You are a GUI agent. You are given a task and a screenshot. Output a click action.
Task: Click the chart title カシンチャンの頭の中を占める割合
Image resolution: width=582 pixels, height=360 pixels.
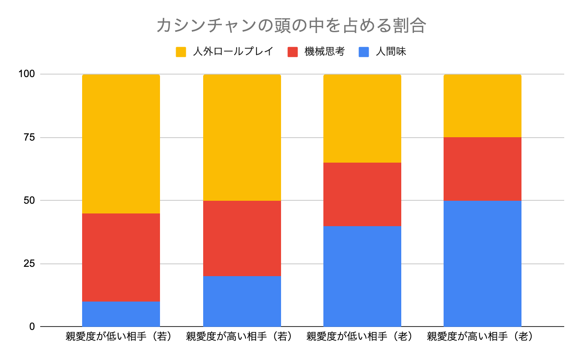coord(291,25)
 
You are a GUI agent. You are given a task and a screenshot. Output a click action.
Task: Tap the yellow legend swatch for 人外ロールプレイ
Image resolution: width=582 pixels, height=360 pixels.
coord(181,52)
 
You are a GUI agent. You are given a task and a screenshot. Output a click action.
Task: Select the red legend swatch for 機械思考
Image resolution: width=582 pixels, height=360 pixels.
coord(292,52)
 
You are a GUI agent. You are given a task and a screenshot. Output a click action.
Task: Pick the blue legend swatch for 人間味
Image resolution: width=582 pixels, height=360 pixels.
coord(364,52)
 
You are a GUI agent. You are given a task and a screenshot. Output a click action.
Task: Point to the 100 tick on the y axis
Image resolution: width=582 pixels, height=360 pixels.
coord(26,74)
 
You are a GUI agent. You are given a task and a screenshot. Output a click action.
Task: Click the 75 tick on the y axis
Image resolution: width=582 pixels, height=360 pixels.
coord(29,138)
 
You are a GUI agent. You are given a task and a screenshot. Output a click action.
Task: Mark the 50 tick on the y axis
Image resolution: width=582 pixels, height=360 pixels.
coord(29,200)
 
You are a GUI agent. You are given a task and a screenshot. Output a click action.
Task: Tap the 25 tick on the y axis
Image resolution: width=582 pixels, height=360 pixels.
coord(29,264)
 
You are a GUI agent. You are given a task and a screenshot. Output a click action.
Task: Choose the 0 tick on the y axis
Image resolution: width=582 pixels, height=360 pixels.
coord(32,327)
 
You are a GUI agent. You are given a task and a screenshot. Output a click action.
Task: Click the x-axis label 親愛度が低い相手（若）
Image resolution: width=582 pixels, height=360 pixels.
coord(121,337)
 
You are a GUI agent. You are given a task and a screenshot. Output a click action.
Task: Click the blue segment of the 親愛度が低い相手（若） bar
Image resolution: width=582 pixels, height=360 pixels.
coord(121,314)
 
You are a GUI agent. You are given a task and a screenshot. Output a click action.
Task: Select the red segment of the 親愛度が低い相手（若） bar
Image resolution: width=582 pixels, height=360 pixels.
coord(121,257)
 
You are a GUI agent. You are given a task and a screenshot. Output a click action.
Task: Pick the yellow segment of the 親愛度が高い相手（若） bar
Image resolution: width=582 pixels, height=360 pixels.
coord(242,137)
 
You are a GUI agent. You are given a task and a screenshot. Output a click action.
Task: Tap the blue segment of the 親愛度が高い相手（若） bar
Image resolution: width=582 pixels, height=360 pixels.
coord(242,301)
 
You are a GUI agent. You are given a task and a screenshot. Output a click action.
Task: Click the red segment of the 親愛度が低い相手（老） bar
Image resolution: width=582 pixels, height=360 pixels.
coord(362,194)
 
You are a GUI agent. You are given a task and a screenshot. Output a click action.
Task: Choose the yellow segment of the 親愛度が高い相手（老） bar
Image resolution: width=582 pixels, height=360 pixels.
coord(483,106)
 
